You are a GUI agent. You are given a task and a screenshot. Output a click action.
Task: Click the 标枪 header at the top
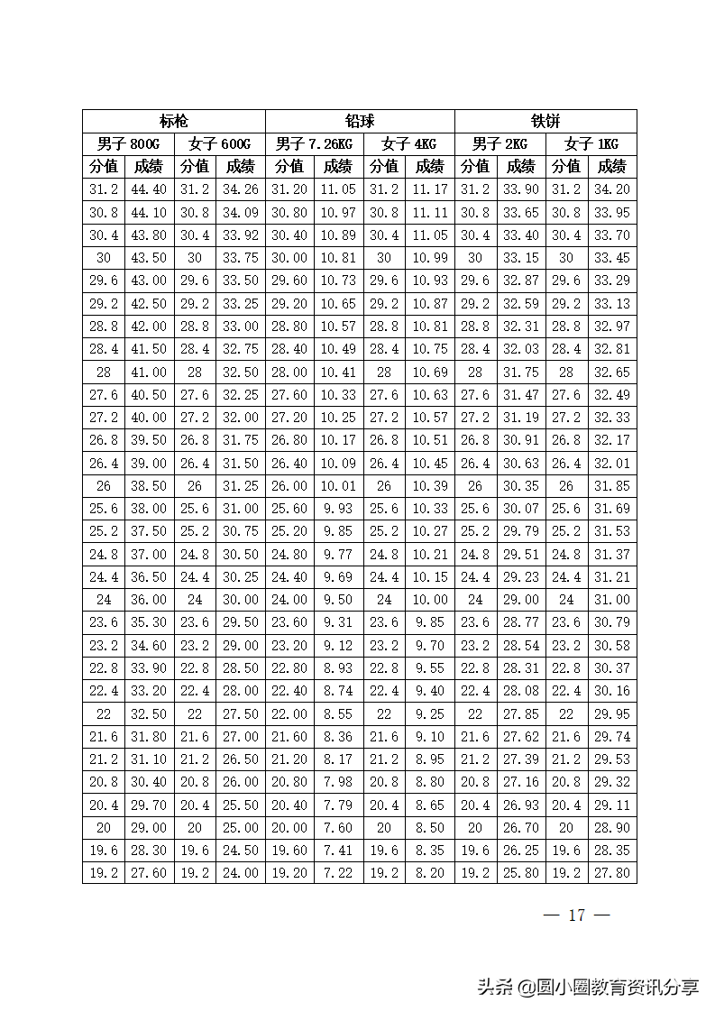click(174, 122)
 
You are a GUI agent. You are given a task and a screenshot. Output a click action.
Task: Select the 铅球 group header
click(360, 122)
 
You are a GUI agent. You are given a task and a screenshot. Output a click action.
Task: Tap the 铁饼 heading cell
click(545, 122)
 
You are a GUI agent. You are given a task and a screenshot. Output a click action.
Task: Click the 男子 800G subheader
click(128, 144)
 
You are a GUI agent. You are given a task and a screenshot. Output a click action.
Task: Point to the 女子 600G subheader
click(219, 144)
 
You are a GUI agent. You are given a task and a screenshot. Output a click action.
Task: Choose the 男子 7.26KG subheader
click(314, 144)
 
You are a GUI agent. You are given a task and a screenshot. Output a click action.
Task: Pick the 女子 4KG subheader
click(408, 144)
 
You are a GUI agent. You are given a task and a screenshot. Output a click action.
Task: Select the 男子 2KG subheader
click(500, 144)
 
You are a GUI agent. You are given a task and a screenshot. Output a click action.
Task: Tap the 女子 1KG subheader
click(591, 144)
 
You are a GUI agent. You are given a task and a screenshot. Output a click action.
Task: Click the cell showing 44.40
click(149, 189)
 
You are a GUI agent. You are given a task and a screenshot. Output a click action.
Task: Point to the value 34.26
click(240, 189)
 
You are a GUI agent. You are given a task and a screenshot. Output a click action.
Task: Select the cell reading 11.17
click(430, 189)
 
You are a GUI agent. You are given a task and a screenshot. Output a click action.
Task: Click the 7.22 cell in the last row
click(338, 873)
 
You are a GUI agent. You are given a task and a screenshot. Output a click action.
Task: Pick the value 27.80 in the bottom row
click(612, 873)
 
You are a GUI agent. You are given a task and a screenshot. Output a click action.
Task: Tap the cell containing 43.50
click(149, 258)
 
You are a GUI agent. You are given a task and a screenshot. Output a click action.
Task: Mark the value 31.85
click(612, 486)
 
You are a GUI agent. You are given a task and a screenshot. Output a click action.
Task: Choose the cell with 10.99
click(430, 258)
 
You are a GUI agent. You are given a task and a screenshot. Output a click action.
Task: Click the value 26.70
click(521, 828)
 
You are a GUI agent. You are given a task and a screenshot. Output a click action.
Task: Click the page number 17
click(577, 915)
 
